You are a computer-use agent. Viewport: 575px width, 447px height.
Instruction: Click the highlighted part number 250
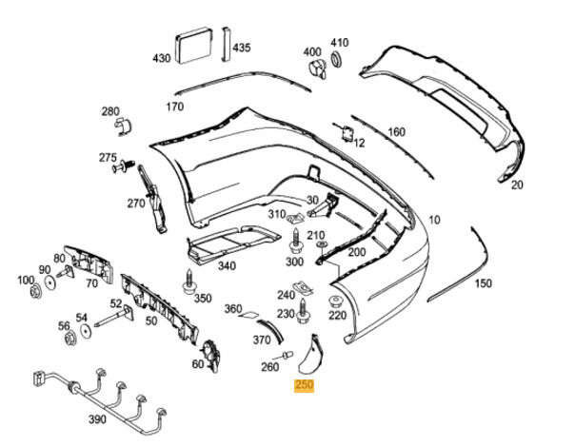click(305, 385)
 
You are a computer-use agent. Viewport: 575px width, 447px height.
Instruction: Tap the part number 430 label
click(162, 58)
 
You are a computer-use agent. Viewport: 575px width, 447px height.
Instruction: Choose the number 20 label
click(517, 185)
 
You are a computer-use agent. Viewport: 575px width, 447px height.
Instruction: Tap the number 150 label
click(484, 283)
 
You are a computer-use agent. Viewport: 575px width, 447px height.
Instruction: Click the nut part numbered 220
click(337, 297)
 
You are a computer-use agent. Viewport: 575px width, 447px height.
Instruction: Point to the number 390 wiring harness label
click(97, 419)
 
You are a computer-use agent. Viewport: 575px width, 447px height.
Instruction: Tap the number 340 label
click(226, 265)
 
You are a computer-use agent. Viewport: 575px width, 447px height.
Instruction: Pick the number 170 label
click(174, 107)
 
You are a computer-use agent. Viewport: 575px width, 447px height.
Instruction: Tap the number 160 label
click(396, 132)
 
